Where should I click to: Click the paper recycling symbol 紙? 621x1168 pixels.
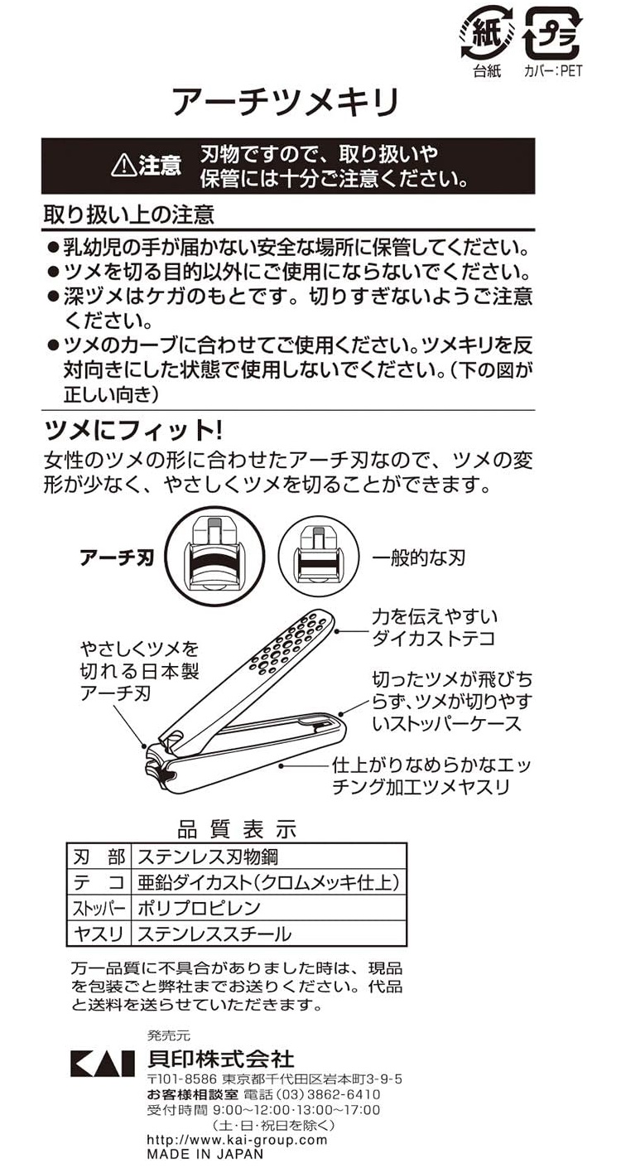486,33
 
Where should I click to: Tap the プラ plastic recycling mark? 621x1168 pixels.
551,33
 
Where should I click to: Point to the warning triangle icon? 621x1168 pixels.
123,166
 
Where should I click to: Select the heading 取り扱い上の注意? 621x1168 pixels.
128,214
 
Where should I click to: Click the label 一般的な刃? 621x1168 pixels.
418,558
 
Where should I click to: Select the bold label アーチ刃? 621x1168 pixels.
117,558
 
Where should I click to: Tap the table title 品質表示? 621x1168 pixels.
237,829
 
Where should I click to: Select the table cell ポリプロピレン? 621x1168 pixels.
199,908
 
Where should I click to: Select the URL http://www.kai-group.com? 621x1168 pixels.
238,1140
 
